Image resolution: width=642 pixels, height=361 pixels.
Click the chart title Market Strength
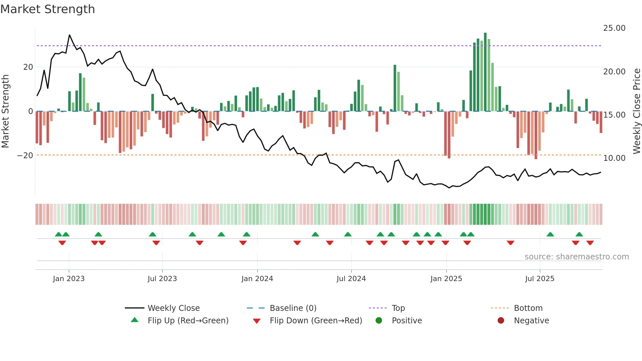point(47,9)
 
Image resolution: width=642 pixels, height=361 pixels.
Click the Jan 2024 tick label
point(257,279)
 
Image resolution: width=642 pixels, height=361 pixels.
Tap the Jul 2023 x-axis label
point(162,279)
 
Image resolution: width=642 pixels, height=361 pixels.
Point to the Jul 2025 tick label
point(539,279)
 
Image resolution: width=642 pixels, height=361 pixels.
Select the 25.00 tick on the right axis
point(614,28)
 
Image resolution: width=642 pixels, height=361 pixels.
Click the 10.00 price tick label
point(614,158)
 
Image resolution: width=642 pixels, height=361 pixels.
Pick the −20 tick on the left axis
point(25,156)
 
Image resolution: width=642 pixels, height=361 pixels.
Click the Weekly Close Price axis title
point(636,111)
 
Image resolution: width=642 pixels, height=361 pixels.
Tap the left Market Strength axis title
point(5,111)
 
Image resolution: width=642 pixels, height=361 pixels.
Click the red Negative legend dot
point(501,321)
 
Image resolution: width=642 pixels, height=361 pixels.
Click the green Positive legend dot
point(379,321)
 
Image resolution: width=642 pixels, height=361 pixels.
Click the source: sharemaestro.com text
point(576,257)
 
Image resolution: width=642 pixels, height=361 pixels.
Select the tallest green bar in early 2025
point(485,72)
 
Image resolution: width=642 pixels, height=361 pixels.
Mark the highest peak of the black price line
point(69,35)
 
